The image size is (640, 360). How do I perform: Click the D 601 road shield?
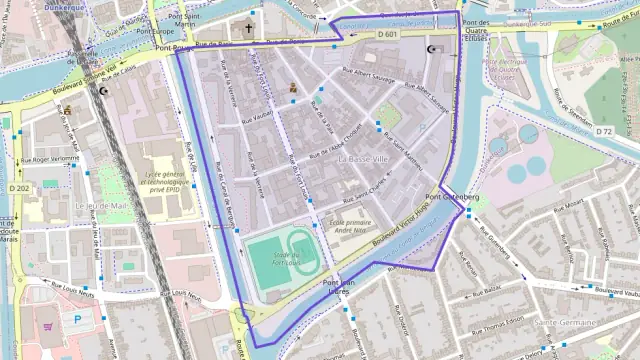[x=388, y=35]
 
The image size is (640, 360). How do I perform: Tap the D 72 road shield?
[x=603, y=132]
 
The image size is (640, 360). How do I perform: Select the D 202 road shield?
[x=19, y=188]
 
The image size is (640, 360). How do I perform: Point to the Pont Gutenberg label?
[x=459, y=197]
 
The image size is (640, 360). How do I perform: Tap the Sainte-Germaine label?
[x=566, y=322]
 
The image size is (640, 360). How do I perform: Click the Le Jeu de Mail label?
[x=101, y=206]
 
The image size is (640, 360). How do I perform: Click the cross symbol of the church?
[x=249, y=29]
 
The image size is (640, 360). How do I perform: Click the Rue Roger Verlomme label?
[x=50, y=159]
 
